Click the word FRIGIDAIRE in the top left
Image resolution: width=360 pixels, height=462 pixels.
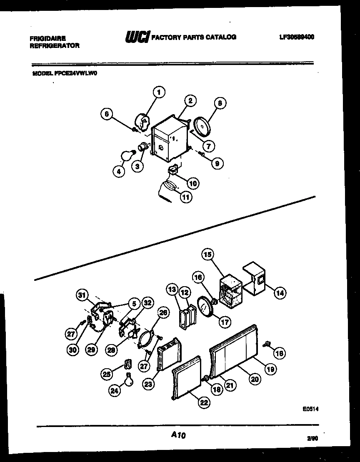coord(47,38)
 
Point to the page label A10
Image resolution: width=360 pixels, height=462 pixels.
coord(178,435)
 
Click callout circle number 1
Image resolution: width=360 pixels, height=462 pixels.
coord(159,92)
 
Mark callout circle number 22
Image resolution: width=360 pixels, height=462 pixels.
coord(204,402)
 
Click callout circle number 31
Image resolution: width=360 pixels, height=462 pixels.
coord(82,295)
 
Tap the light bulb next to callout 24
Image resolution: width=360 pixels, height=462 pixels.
coord(129,380)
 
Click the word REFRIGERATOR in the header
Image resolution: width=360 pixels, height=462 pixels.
coord(54,46)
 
